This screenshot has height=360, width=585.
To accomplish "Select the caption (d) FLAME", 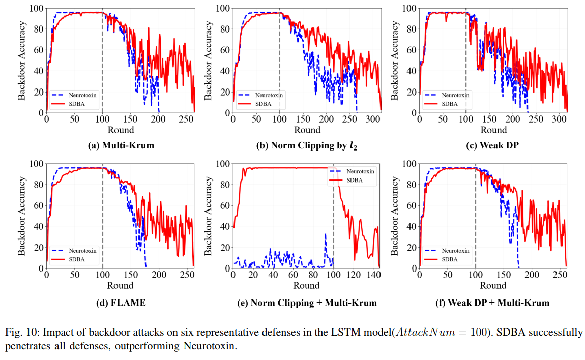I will click(x=121, y=303).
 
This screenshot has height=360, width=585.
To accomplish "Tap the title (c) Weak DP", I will click(x=492, y=145).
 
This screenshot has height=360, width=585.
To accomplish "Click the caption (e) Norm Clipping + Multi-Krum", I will click(x=307, y=303).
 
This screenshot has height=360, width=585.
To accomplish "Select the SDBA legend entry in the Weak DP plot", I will click(x=448, y=103).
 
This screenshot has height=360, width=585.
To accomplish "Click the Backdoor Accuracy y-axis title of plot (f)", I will click(x=394, y=216).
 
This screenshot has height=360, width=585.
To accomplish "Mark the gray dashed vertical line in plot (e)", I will click(x=333, y=219).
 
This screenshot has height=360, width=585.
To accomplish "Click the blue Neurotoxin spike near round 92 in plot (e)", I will click(x=325, y=235).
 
